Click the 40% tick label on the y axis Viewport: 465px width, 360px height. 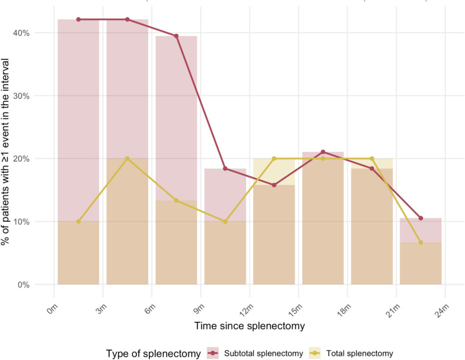21,33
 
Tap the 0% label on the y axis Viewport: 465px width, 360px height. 24,285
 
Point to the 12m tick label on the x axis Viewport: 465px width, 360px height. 247,310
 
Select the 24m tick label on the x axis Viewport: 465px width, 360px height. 442,310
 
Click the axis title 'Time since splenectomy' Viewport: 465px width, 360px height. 249,326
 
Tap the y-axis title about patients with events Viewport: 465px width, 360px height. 5,152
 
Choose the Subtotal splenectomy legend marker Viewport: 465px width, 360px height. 213,353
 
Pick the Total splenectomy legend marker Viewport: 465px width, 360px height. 315,353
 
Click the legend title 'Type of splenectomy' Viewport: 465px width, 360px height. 153,354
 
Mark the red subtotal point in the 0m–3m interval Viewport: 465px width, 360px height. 78,20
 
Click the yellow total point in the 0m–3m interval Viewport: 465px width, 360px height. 78,222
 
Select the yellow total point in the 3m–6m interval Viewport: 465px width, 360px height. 127,158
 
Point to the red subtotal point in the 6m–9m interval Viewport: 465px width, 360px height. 176,36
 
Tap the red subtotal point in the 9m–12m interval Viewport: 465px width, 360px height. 225,168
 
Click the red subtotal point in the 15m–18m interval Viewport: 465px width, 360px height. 323,152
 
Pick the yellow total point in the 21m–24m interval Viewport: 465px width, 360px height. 420,242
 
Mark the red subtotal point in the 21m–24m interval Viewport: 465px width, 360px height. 420,218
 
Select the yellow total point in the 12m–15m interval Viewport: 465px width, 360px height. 274,158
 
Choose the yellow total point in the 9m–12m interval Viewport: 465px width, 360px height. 225,222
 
